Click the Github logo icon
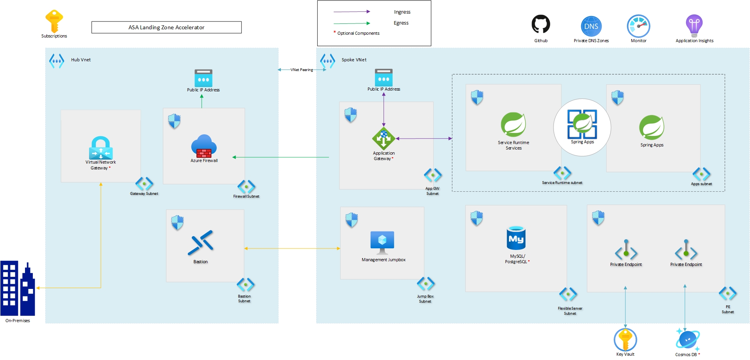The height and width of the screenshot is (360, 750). (x=541, y=24)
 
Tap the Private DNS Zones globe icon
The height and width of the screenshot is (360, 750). (x=591, y=26)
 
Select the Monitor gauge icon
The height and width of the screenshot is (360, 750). (x=638, y=26)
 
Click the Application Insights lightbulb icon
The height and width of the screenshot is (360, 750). (x=694, y=25)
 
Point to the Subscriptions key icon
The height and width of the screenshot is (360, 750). (x=54, y=21)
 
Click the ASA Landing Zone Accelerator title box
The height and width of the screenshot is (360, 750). (x=166, y=27)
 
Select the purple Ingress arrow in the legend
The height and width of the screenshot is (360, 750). (x=352, y=12)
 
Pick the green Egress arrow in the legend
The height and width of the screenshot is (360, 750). (x=352, y=23)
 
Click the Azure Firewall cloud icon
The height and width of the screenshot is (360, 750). (x=204, y=146)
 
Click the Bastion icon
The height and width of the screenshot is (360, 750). (x=200, y=243)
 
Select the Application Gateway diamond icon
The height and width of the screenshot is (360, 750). (x=384, y=138)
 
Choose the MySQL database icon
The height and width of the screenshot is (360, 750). (x=516, y=238)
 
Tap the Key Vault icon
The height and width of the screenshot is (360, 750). (x=625, y=340)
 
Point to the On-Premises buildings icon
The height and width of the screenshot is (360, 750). (x=18, y=289)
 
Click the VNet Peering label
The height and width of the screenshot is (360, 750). (x=302, y=70)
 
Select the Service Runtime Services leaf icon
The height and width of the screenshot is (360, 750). (x=513, y=125)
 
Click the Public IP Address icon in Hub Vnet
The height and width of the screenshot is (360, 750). (x=203, y=78)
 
